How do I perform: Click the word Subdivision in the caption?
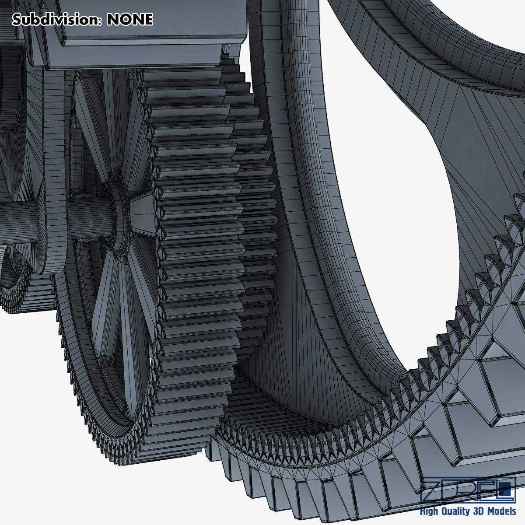[57, 19]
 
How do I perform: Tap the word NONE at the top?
[130, 19]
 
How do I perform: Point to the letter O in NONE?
[124, 19]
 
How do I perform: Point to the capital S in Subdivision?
[16, 19]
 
